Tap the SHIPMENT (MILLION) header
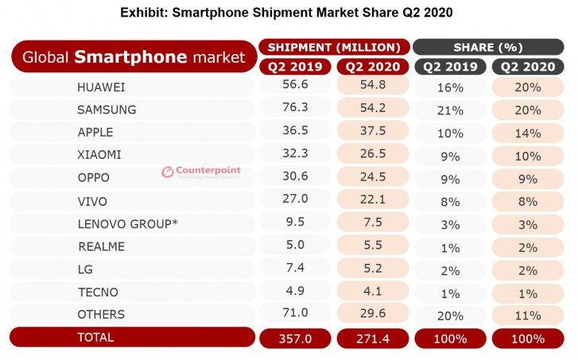pyautogui.click(x=334, y=47)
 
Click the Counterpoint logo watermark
pyautogui.click(x=200, y=172)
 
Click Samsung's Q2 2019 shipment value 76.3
pyautogui.click(x=295, y=110)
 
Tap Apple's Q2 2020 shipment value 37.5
pyautogui.click(x=371, y=132)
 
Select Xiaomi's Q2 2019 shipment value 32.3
pyautogui.click(x=295, y=155)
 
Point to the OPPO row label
pyautogui.click(x=94, y=178)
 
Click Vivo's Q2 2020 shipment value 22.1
pyautogui.click(x=371, y=201)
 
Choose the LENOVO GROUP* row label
pyautogui.click(x=127, y=223)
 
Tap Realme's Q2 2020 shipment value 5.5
pyautogui.click(x=371, y=246)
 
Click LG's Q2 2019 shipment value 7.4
pyautogui.click(x=295, y=269)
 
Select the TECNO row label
pyautogui.click(x=99, y=292)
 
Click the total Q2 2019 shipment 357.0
pyautogui.click(x=295, y=339)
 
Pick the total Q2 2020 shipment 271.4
pyautogui.click(x=371, y=339)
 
